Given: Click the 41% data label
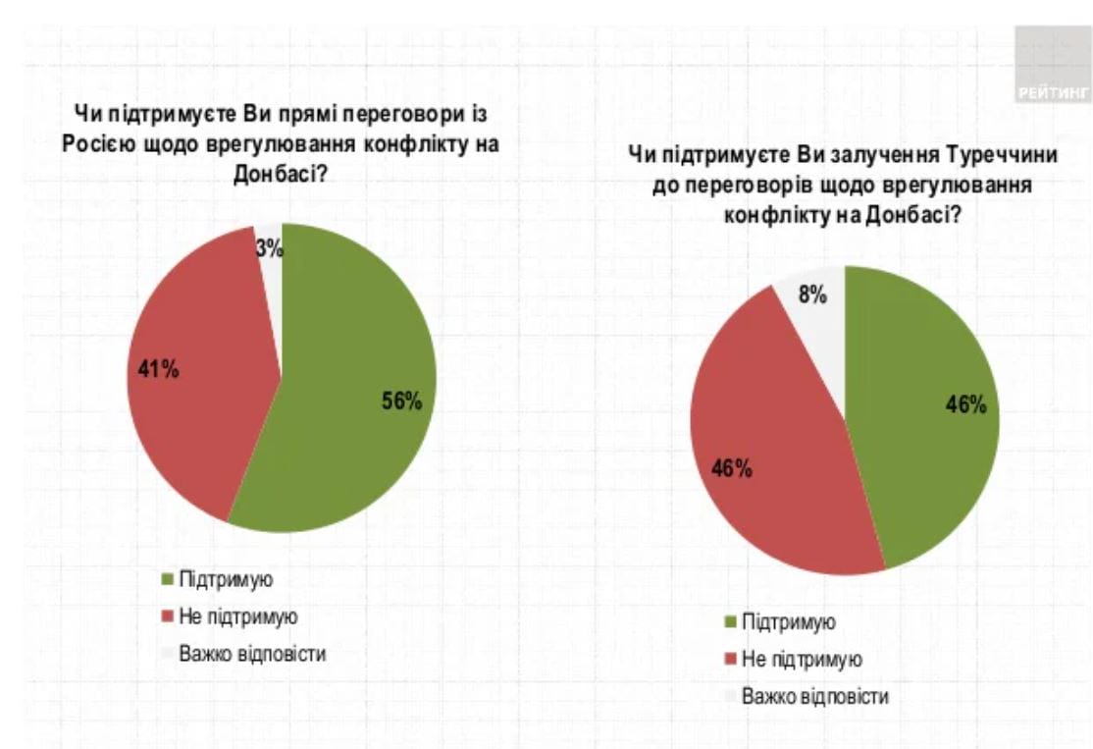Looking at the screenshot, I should click(x=158, y=371).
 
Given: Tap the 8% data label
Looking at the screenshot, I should click(x=812, y=294).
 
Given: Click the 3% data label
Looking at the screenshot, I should click(x=270, y=248).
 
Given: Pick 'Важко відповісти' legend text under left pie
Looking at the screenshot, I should click(x=252, y=653).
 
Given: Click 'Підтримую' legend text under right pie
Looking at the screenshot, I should click(x=789, y=621).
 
